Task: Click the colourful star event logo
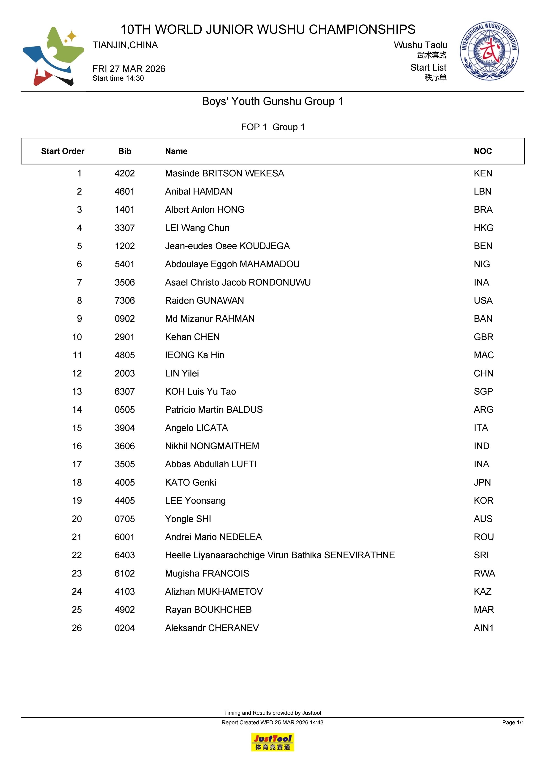point(53,56)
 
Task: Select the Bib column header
point(124,151)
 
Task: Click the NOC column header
point(483,151)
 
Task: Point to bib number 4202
point(124,173)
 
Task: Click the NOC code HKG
point(483,228)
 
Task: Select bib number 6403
point(124,555)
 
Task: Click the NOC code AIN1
point(483,628)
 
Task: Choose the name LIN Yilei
point(182,374)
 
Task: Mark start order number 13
point(77,392)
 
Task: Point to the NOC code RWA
point(484,574)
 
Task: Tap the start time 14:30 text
point(118,78)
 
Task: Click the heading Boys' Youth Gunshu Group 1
point(272,101)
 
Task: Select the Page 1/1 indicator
point(513,723)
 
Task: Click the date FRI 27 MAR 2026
point(129,69)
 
